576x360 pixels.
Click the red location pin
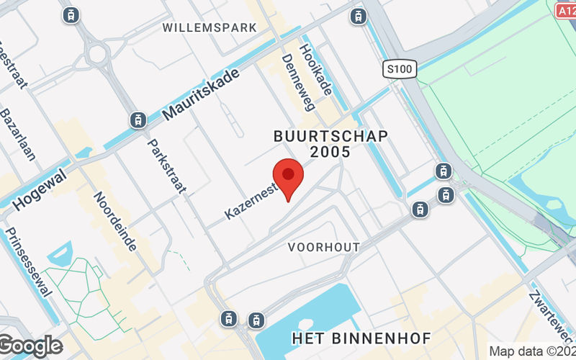coord(288,176)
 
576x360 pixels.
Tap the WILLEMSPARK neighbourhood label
coord(210,27)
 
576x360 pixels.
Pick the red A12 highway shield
coord(566,10)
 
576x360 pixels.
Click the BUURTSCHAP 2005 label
coord(331,144)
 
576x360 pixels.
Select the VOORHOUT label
coord(323,247)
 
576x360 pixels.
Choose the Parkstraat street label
coord(167,166)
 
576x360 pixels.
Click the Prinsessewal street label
coord(28,262)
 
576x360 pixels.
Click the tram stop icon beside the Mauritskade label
coord(138,120)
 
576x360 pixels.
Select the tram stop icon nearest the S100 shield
coord(358,15)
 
